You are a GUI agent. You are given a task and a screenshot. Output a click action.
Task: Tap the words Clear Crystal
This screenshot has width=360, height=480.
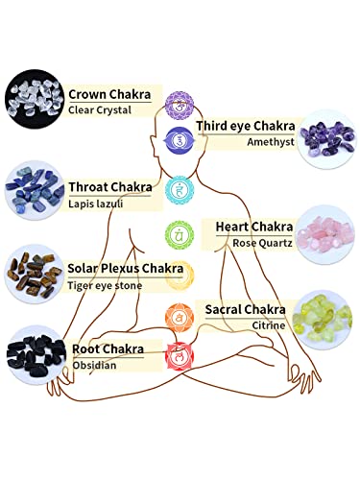pos(100,110)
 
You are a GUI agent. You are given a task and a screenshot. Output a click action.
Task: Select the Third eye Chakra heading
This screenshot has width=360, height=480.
pos(244,126)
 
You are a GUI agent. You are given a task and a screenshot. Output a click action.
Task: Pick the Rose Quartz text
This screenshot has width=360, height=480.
pos(255,242)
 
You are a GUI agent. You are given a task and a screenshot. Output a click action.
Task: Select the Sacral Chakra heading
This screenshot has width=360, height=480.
pos(245,308)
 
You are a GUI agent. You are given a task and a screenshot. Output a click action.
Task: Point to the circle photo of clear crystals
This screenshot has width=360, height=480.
pos(35,97)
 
